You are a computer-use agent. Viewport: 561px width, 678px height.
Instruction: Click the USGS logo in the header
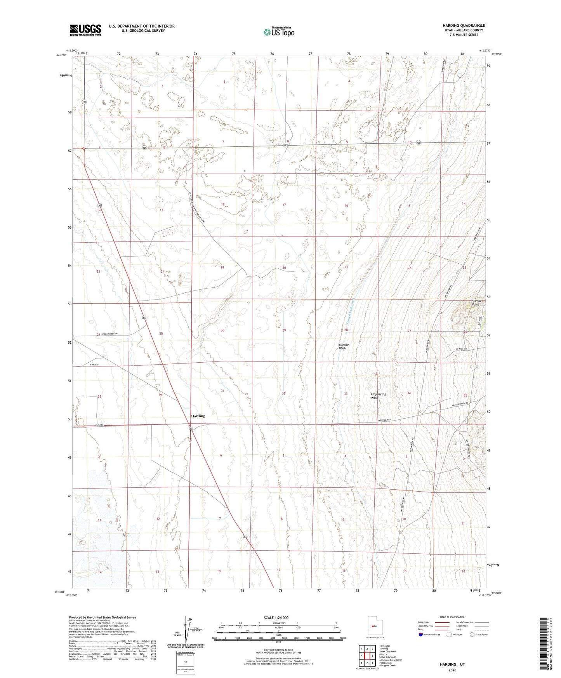pyautogui.click(x=85, y=30)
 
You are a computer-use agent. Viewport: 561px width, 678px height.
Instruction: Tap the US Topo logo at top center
pyautogui.click(x=278, y=31)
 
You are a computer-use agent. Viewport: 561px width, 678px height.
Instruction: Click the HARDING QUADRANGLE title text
pyautogui.click(x=464, y=26)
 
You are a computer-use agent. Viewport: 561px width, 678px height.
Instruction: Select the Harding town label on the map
pyautogui.click(x=198, y=416)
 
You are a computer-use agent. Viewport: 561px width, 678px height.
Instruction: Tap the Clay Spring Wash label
pyautogui.click(x=378, y=396)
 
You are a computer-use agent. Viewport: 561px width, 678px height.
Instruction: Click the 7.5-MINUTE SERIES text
pyautogui.click(x=464, y=35)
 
